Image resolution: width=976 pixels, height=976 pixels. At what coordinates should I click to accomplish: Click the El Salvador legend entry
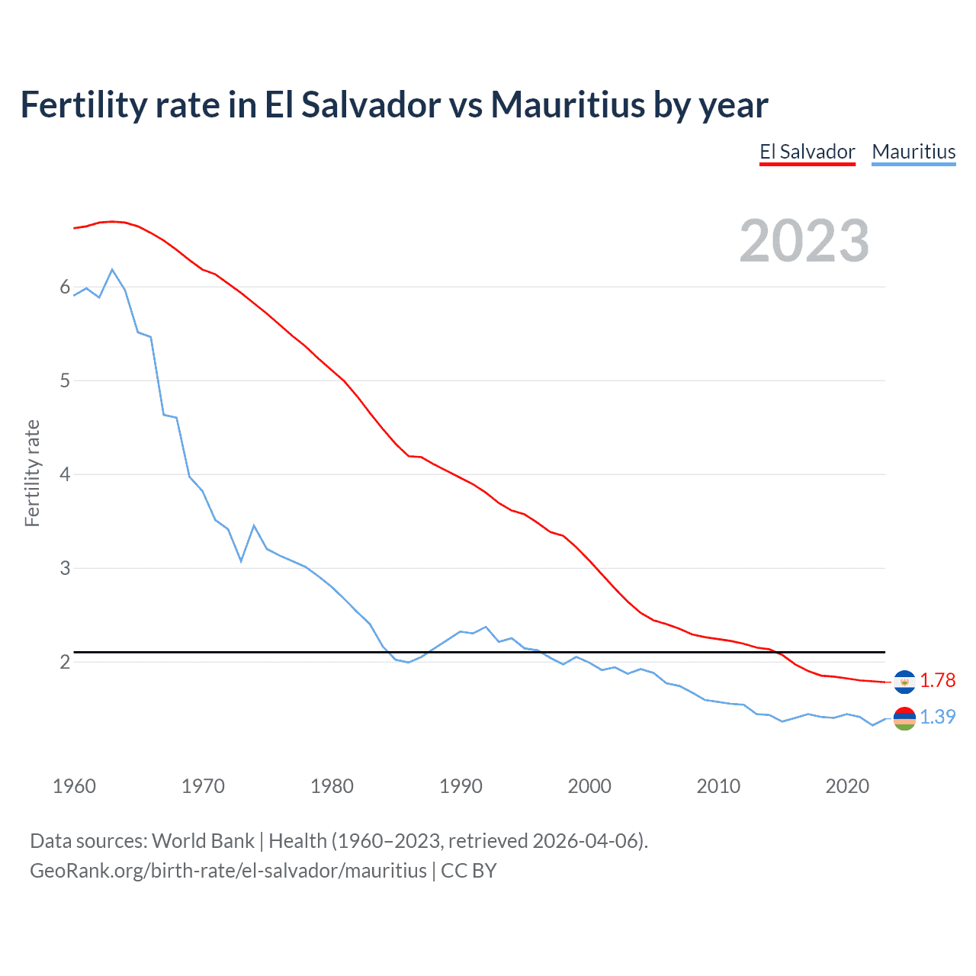point(807,152)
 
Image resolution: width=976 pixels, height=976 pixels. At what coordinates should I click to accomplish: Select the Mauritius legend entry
point(913,152)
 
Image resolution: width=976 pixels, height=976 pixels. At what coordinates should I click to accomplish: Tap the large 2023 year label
point(804,241)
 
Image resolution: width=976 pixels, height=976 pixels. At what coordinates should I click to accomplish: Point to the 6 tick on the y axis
point(65,287)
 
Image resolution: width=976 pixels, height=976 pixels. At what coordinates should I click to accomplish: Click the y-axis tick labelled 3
point(65,568)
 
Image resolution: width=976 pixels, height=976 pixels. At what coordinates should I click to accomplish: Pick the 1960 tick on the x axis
point(74,786)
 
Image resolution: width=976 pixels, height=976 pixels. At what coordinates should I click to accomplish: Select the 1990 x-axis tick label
point(461,786)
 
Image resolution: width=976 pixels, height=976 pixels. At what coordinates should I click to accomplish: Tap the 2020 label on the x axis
point(847,786)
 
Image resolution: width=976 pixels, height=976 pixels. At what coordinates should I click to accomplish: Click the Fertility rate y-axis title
point(32,473)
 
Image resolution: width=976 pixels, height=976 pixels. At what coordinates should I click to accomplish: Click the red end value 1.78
point(937,680)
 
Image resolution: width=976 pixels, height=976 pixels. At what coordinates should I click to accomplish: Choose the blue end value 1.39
point(937,717)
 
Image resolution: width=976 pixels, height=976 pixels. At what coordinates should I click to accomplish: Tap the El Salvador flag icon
point(904,682)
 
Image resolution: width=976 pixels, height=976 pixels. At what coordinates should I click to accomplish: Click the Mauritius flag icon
point(904,718)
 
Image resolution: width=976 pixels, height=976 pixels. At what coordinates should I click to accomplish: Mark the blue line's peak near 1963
point(112,270)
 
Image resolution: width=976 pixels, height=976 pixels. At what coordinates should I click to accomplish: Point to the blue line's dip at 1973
point(241,561)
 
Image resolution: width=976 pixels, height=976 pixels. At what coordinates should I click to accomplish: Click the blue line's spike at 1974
point(254,526)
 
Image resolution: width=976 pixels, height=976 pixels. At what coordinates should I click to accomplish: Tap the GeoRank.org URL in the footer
point(228,871)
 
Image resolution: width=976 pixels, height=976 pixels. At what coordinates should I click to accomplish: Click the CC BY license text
point(469,871)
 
